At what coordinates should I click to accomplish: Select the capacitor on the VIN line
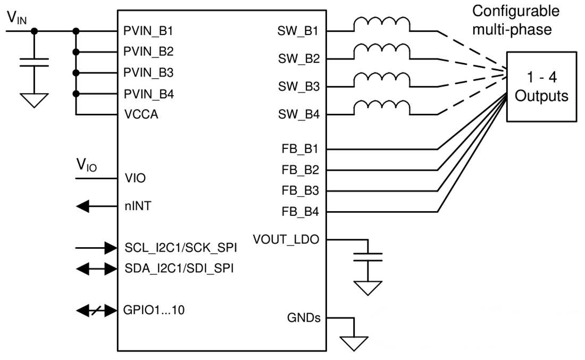(x=35, y=63)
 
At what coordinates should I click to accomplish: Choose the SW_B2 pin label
(x=298, y=59)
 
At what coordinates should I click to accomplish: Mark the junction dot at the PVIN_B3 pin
(x=77, y=72)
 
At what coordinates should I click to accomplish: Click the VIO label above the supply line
(x=85, y=167)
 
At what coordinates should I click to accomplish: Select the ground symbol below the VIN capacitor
(x=35, y=99)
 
